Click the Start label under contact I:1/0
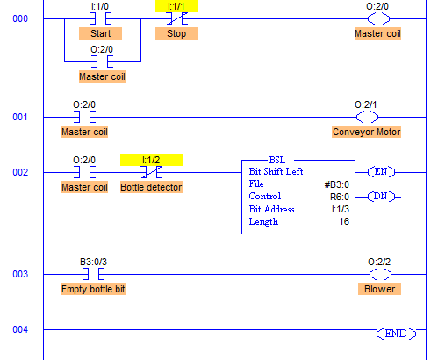pyautogui.click(x=100, y=33)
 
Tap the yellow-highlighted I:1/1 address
pyautogui.click(x=176, y=6)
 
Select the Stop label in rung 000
pyautogui.click(x=176, y=33)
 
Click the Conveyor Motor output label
pyautogui.click(x=366, y=132)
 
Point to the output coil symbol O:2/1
pyautogui.click(x=367, y=117)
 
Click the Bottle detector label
pyautogui.click(x=151, y=187)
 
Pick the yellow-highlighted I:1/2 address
pyautogui.click(x=151, y=160)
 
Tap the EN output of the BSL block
pyautogui.click(x=381, y=172)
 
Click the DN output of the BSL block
pyautogui.click(x=381, y=197)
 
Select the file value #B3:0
pyautogui.click(x=337, y=184)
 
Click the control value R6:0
pyautogui.click(x=340, y=197)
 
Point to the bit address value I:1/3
pyautogui.click(x=341, y=209)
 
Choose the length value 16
pyautogui.click(x=344, y=221)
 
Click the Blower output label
pyautogui.click(x=379, y=289)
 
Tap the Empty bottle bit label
pyautogui.click(x=93, y=289)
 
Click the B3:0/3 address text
pyautogui.click(x=93, y=262)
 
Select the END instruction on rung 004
pyautogui.click(x=396, y=334)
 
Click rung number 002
pyautogui.click(x=20, y=172)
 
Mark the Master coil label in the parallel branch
pyautogui.click(x=102, y=76)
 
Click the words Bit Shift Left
pyautogui.click(x=276, y=171)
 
